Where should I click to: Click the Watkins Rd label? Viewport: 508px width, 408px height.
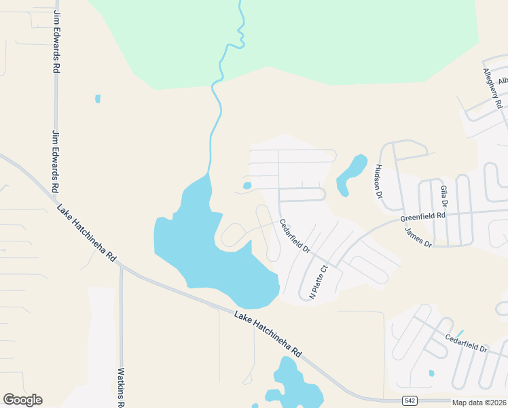click(x=122, y=386)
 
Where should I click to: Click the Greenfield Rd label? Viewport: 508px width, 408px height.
click(x=422, y=216)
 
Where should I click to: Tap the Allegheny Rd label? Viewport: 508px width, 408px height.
click(x=492, y=88)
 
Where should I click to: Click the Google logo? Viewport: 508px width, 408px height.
click(x=22, y=400)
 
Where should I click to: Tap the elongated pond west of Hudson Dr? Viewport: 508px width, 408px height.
click(x=350, y=173)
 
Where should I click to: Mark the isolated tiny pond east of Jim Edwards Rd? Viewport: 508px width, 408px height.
click(x=98, y=99)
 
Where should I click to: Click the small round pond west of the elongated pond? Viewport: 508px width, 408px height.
click(x=247, y=185)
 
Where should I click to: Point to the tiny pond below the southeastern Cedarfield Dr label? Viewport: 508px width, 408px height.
click(x=431, y=373)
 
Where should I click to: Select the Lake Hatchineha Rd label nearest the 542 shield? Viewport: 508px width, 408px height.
click(x=268, y=335)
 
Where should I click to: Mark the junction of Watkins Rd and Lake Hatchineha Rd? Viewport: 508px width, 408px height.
click(x=121, y=267)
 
